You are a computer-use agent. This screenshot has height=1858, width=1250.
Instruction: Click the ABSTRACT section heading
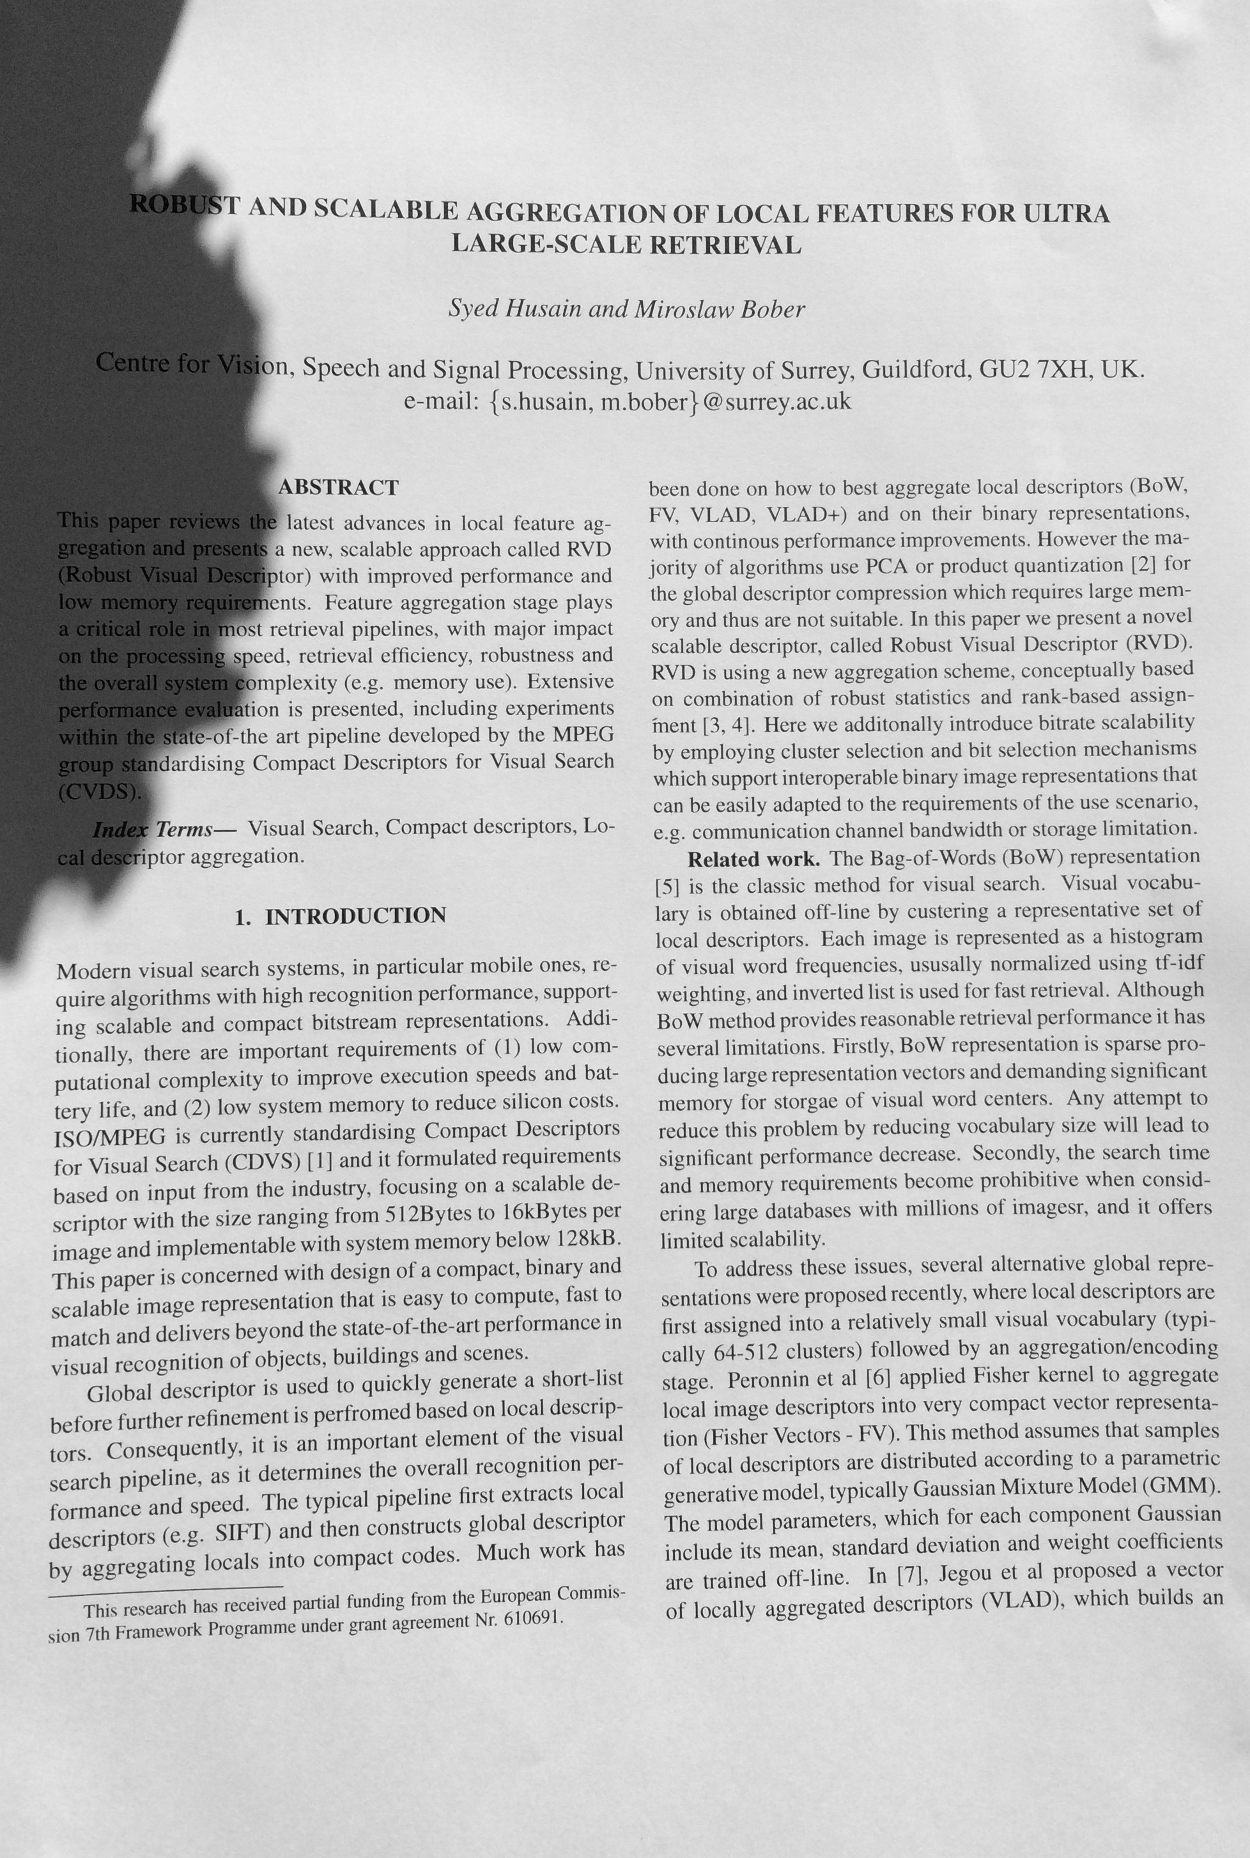(x=337, y=488)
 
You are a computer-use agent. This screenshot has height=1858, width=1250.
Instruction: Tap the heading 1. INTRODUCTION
(x=341, y=916)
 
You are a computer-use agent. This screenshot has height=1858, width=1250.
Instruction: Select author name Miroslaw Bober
(x=718, y=309)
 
